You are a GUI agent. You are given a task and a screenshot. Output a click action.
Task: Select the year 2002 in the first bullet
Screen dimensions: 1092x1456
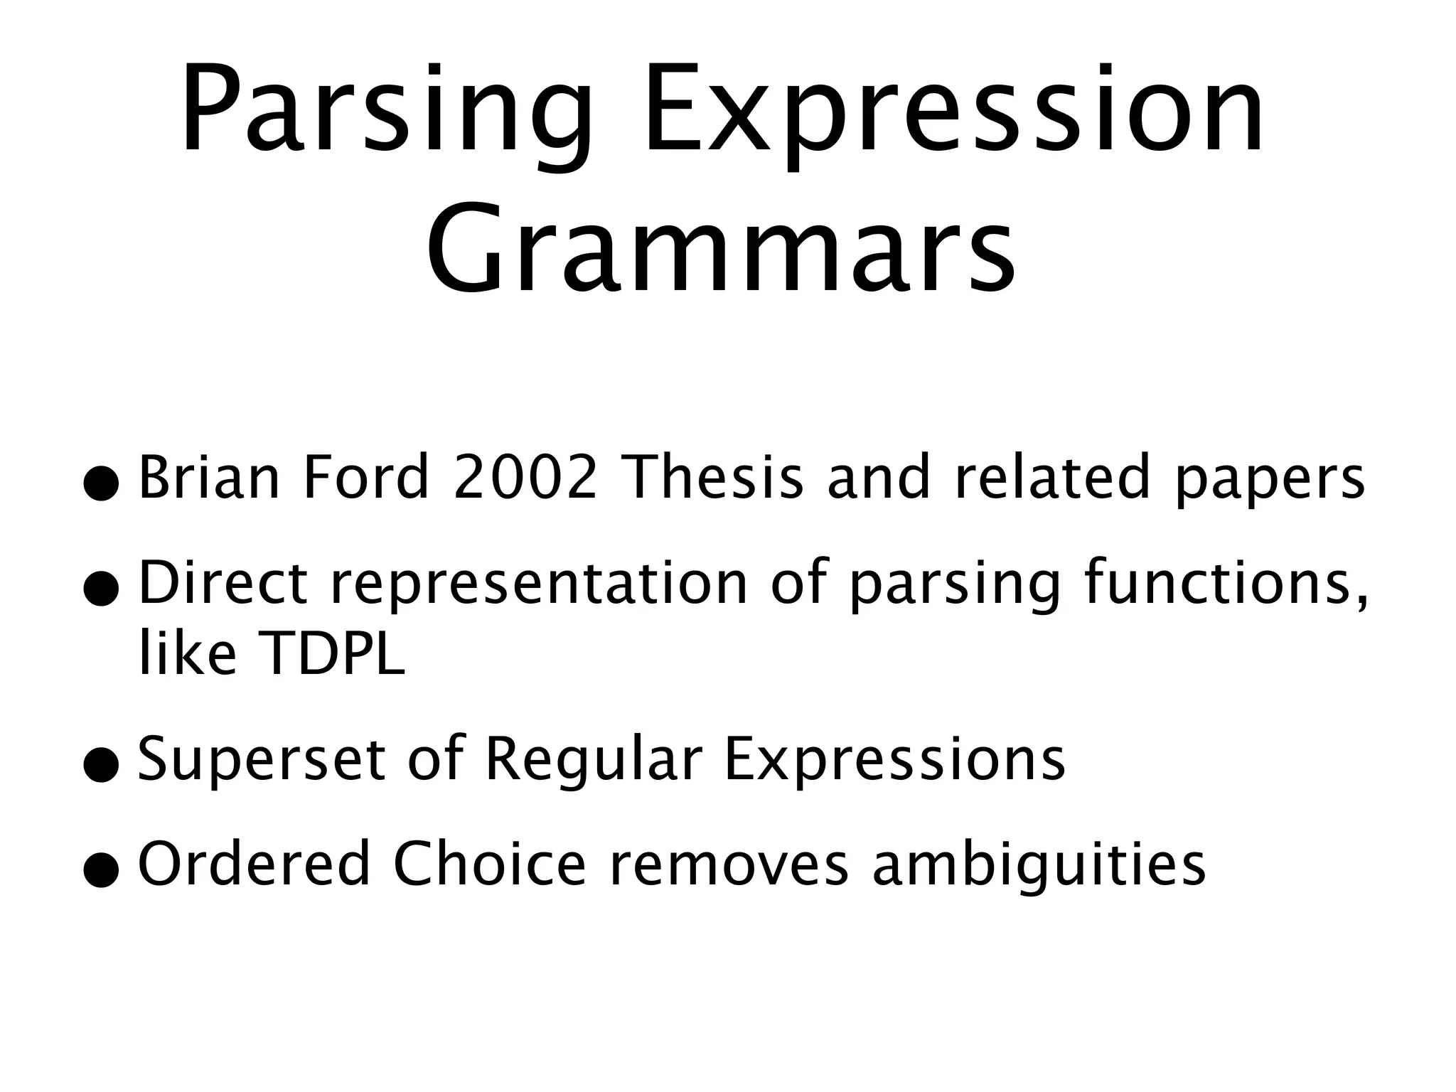point(525,477)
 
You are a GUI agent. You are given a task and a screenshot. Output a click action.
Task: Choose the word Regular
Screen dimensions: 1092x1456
point(594,760)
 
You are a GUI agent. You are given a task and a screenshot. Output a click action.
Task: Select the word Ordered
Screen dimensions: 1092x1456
point(255,864)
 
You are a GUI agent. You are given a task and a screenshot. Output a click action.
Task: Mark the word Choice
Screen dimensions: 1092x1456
point(490,864)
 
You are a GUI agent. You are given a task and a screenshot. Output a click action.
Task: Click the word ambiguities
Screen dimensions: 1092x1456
point(1039,864)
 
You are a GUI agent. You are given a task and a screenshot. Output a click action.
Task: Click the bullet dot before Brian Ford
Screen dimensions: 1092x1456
point(100,483)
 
